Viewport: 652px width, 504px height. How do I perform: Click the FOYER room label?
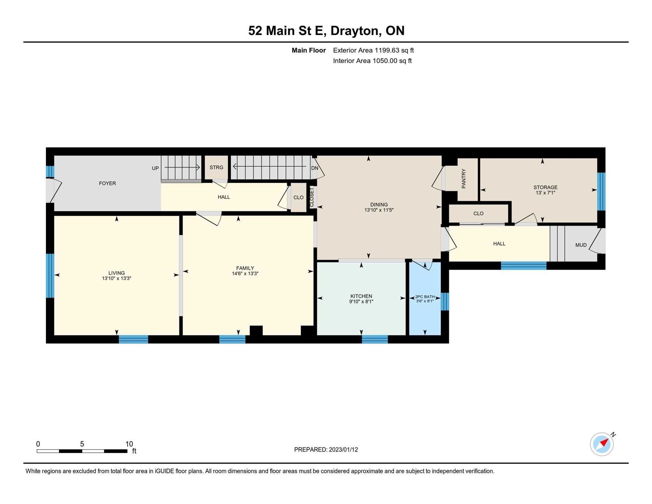pos(107,183)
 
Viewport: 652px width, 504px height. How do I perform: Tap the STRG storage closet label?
pos(217,168)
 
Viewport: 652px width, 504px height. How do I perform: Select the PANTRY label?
pos(464,179)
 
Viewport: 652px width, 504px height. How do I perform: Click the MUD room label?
pos(581,245)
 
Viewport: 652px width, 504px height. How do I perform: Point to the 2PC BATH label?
pos(425,297)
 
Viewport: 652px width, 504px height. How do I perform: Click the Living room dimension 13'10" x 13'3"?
pos(117,278)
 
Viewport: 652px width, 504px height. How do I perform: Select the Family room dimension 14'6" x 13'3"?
pos(245,274)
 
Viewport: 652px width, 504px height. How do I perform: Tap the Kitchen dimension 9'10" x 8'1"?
pos(361,301)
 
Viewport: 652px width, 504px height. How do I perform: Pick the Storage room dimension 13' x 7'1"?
pos(545,193)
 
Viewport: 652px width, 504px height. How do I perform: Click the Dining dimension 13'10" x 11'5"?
pos(379,210)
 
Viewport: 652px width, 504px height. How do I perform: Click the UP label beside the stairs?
pos(155,168)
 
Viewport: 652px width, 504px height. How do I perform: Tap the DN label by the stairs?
pos(315,168)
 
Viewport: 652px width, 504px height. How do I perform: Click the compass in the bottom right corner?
pos(602,444)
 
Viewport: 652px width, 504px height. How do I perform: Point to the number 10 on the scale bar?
pos(129,444)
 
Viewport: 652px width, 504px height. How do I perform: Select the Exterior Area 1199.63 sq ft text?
pos(373,50)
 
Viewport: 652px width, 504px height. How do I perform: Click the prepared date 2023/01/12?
pos(343,449)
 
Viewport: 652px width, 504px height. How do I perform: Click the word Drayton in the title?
pos(356,31)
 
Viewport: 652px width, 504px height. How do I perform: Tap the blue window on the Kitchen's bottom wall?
pos(375,339)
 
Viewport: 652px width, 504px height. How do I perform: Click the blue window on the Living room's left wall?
pos(50,276)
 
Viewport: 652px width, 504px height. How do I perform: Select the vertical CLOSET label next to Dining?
pos(312,197)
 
